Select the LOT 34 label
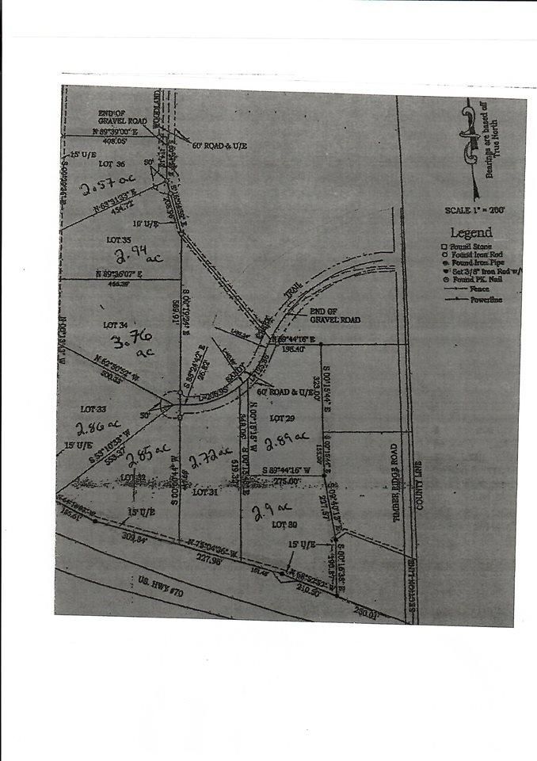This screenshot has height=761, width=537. (x=116, y=325)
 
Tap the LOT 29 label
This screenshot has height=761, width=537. (x=278, y=417)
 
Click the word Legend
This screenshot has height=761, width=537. (x=470, y=233)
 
